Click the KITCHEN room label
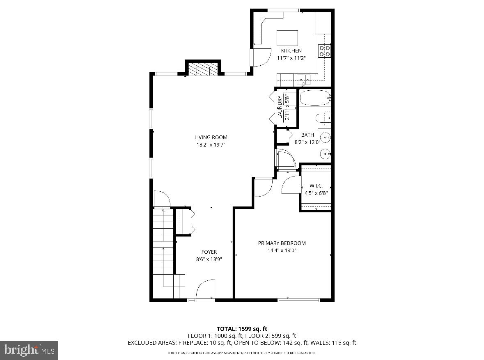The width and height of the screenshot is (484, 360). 291,50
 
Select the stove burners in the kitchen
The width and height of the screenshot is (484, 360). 324,50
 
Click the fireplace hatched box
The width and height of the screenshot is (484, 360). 203,70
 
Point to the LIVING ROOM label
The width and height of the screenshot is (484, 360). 211,138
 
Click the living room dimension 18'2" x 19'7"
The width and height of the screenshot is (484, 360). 211,144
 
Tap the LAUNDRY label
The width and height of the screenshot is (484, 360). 280,107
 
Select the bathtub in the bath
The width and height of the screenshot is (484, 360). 314,98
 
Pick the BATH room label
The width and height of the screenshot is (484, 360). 307,135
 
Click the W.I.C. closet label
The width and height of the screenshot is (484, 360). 316,186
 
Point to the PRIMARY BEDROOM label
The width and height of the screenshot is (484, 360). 282,243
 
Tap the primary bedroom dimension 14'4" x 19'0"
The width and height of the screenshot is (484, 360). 282,250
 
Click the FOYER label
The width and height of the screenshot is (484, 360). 209,252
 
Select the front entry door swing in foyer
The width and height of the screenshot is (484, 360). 205,290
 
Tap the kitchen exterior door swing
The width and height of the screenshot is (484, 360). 261,57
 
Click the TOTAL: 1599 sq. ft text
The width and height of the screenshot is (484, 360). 242,328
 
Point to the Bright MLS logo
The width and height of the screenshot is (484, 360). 29,350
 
